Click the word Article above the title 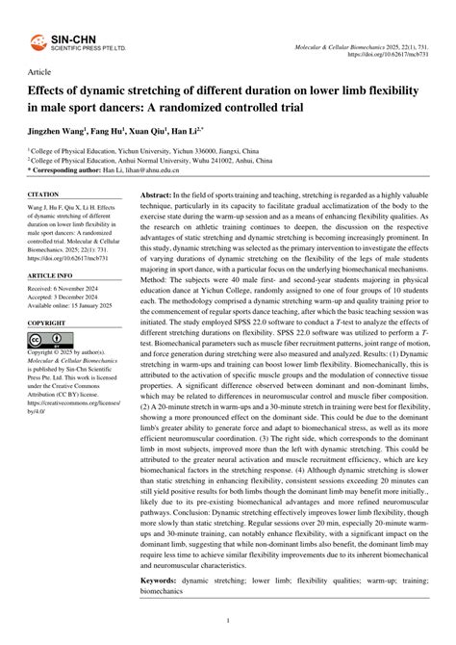(x=41, y=71)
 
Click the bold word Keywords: (x=162, y=581)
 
